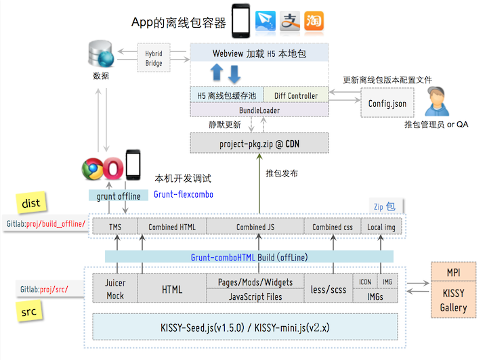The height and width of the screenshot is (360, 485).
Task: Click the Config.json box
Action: tap(387, 104)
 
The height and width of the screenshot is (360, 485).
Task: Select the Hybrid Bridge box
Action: tap(154, 58)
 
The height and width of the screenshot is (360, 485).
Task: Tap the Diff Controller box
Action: tap(296, 96)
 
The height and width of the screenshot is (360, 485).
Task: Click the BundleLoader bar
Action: tap(259, 110)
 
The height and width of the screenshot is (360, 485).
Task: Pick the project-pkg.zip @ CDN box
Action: tap(259, 143)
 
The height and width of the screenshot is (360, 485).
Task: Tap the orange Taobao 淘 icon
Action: tap(313, 22)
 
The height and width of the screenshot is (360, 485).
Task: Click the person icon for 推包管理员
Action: tap(438, 102)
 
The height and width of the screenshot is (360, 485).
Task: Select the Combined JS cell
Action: tap(255, 227)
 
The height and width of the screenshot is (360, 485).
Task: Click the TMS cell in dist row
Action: tap(114, 227)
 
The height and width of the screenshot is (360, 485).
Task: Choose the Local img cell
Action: tap(381, 227)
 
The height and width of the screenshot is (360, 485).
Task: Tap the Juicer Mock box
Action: tap(115, 289)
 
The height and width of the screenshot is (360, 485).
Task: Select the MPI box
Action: tap(453, 272)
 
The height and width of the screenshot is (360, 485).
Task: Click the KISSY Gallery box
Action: tap(453, 300)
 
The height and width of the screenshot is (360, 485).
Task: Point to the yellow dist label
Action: tap(30, 202)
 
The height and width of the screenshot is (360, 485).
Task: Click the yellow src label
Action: tap(30, 313)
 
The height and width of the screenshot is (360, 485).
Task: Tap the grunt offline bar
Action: tap(118, 196)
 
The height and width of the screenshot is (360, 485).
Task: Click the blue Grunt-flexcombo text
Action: tap(183, 194)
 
